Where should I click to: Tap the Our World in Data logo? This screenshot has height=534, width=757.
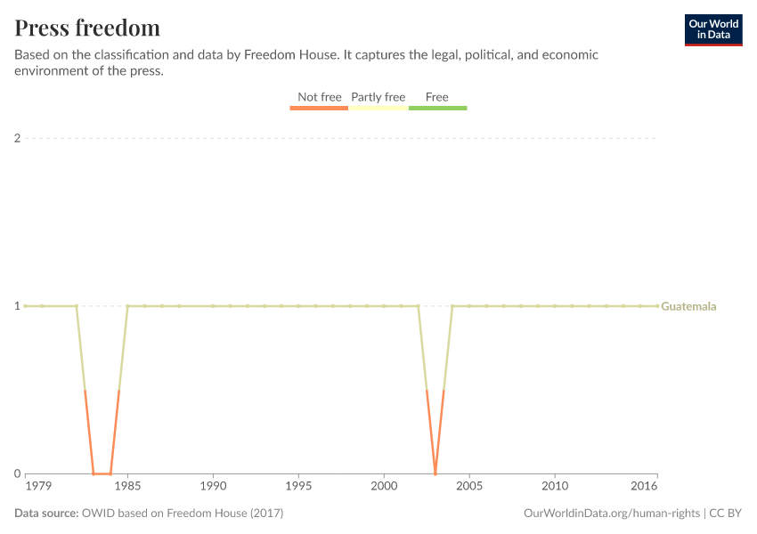713,29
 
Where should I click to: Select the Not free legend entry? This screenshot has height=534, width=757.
319,97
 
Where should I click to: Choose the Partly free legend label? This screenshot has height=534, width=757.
378,97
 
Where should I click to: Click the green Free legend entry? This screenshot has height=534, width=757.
437,97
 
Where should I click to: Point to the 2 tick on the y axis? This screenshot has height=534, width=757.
17,138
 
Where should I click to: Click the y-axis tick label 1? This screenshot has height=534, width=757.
17,306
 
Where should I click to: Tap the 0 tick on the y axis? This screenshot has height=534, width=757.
17,473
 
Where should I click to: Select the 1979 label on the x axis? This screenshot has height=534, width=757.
38,488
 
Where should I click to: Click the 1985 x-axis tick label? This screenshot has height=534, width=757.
127,488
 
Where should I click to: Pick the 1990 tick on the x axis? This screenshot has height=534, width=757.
213,488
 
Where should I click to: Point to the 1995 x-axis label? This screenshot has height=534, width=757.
298,488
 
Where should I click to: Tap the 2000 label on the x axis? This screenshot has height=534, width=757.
384,488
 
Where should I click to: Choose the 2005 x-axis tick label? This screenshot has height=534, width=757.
469,488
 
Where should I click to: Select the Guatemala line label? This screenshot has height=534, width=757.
688,306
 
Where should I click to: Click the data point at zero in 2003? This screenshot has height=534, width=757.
435,473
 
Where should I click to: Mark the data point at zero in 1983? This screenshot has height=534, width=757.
94,473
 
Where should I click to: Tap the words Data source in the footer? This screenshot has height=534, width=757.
45,514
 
